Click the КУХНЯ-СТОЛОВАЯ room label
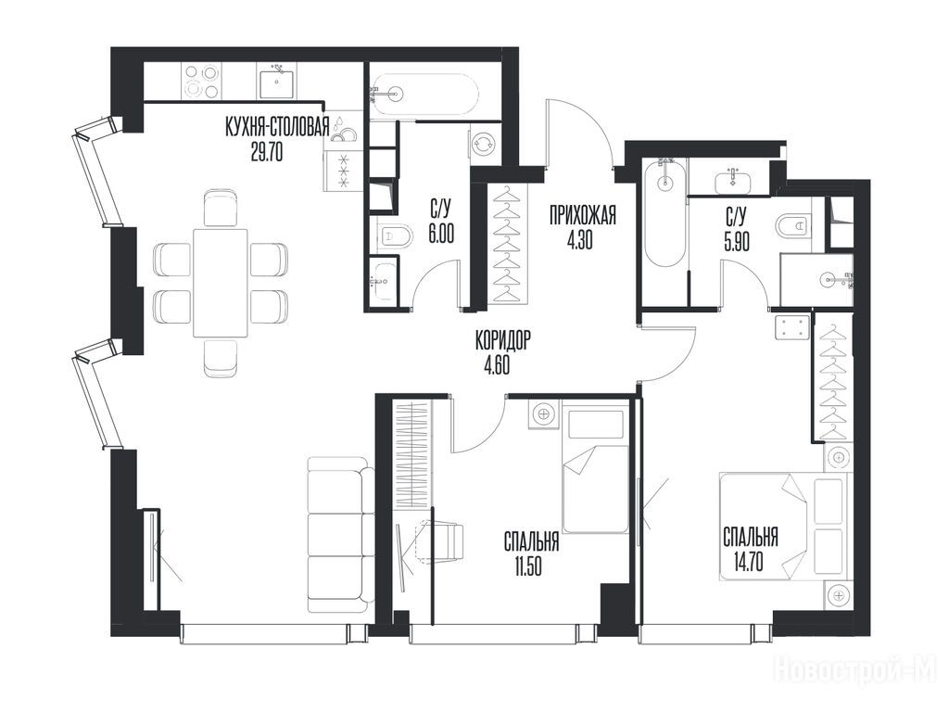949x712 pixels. pyautogui.click(x=277, y=128)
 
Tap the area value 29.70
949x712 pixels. pyautogui.click(x=267, y=153)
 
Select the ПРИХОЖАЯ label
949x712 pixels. pyautogui.click(x=583, y=215)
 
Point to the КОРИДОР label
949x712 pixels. pyautogui.click(x=502, y=341)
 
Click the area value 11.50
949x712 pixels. pyautogui.click(x=528, y=566)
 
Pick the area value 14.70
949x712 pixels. pyautogui.click(x=748, y=563)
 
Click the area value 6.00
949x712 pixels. pyautogui.click(x=441, y=235)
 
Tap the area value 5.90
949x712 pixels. pyautogui.click(x=737, y=242)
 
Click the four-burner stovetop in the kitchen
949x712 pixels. pyautogui.click(x=201, y=82)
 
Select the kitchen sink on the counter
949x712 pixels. pyautogui.click(x=278, y=83)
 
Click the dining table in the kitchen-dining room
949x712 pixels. pyautogui.click(x=221, y=283)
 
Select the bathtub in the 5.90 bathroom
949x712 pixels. pyautogui.click(x=664, y=212)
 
